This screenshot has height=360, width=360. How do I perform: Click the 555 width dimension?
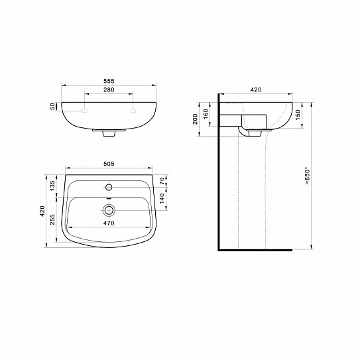click(x=109, y=80)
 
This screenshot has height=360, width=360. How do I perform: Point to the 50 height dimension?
click(x=52, y=106)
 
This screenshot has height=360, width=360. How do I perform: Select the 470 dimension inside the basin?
click(x=110, y=223)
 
